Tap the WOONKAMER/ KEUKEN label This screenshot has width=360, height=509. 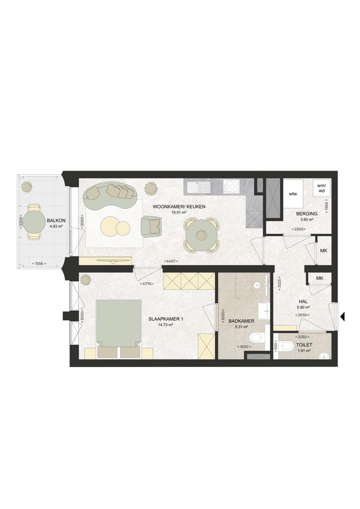tap(179, 207)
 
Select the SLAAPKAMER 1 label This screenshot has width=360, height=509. tap(165, 319)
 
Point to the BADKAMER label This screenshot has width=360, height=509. tap(241, 321)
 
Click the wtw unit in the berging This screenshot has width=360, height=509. tap(293, 194)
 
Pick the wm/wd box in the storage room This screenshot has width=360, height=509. tap(321, 188)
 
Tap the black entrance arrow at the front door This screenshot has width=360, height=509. tap(342, 316)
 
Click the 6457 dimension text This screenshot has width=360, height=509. tap(170, 261)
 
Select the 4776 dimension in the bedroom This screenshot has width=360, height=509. tap(146, 283)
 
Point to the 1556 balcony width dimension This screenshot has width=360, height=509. tap(39, 263)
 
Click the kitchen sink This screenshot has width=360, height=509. tap(198, 187)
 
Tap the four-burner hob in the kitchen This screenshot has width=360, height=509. tap(232, 186)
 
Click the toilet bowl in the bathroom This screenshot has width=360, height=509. tap(258, 338)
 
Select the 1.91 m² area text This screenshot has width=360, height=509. tap(304, 350)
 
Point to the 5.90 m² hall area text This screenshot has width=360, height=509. tap(303, 307)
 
